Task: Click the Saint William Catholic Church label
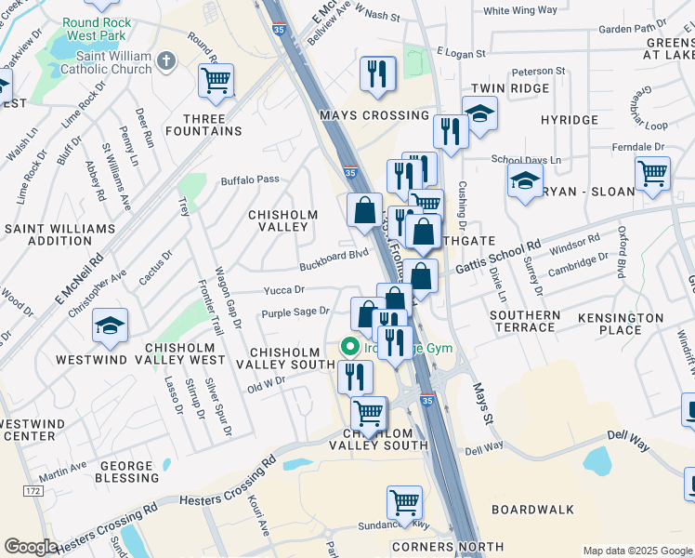pos(106,62)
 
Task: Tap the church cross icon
pos(167,61)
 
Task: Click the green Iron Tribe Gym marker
pos(350,348)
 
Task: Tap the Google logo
pos(31,547)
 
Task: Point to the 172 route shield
pos(33,490)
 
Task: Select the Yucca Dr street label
pos(284,289)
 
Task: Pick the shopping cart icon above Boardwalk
pos(404,503)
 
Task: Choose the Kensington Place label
pos(621,324)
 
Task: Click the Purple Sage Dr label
pos(295,312)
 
